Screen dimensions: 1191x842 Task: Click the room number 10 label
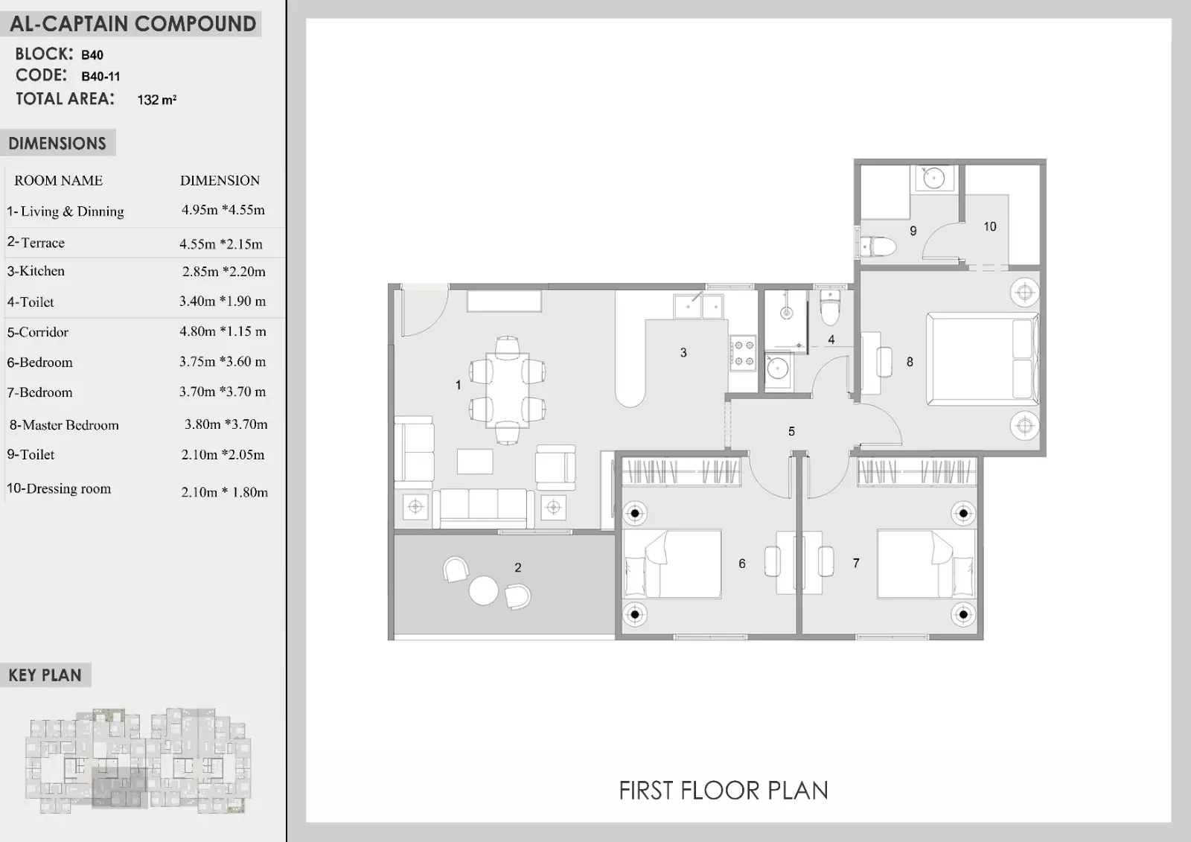989,226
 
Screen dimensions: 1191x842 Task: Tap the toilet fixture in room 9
878,246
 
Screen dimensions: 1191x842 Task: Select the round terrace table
483,590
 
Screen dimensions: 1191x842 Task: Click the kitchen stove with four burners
743,353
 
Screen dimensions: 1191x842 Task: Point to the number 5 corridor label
791,431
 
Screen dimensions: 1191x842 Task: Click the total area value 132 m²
157,100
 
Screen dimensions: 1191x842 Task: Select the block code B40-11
100,76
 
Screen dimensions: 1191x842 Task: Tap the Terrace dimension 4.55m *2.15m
221,244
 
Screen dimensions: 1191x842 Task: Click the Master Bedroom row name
64,425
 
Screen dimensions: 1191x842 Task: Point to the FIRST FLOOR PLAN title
724,791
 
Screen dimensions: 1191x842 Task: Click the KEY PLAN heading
45,675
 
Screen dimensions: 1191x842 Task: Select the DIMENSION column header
220,180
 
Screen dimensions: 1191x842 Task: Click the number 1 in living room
459,385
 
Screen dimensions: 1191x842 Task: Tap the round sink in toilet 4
778,367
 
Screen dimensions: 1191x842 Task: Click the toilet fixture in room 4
829,307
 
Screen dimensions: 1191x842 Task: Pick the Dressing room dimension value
224,492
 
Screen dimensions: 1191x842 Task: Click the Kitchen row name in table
36,271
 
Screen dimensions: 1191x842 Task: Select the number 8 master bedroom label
910,362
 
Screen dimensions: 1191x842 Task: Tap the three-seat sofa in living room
483,508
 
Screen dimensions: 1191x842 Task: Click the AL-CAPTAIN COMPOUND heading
133,24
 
